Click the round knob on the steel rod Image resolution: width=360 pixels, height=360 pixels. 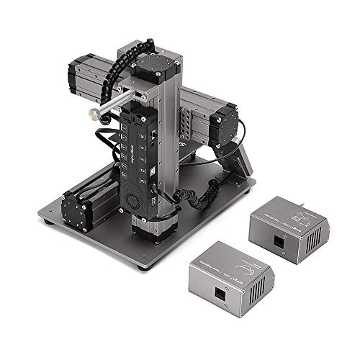pos(94,114)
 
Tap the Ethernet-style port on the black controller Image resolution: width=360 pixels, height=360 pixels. pos(153,135)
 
